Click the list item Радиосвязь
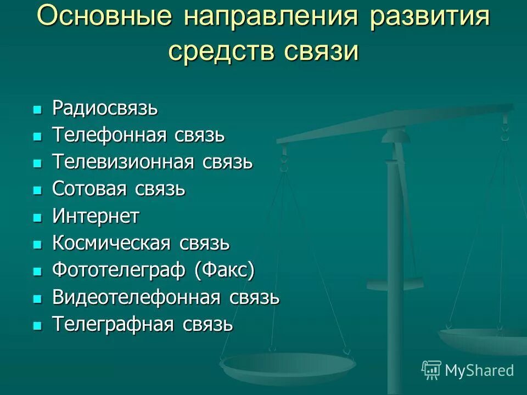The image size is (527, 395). [105, 108]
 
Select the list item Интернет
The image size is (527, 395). [96, 216]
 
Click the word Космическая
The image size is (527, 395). [111, 243]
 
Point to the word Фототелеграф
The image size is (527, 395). [119, 270]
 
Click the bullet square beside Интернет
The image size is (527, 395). [37, 218]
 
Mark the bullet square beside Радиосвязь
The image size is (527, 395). [37, 110]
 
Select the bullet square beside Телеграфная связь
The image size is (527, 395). [37, 326]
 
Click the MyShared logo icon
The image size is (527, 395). [431, 370]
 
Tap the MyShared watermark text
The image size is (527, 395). [479, 370]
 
